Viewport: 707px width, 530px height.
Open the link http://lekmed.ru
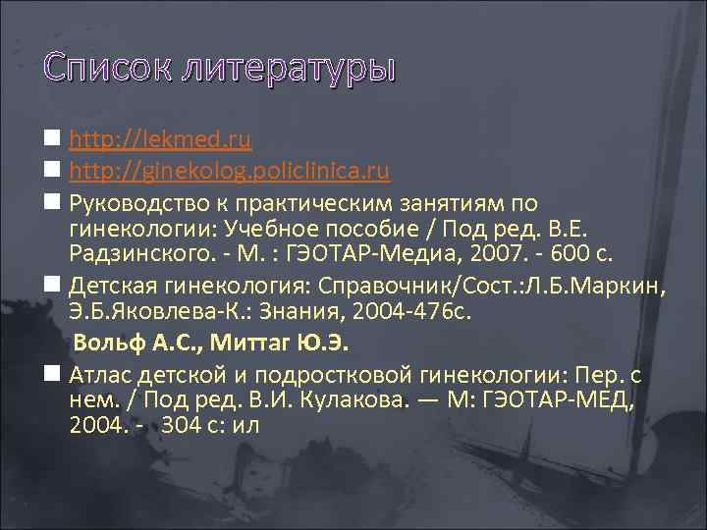[x=160, y=140]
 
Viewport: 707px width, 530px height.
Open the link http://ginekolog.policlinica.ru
[x=230, y=172]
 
